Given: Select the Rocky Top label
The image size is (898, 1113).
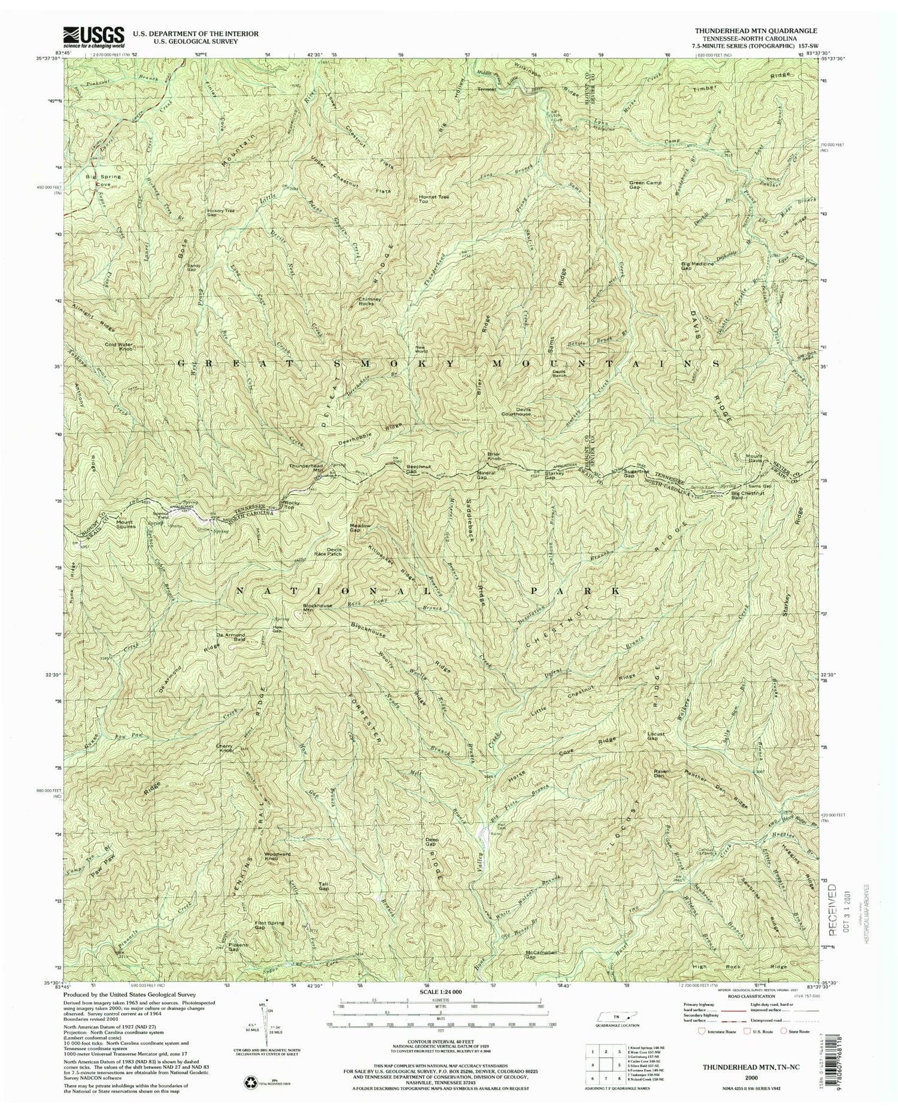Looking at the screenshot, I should [292, 504].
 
